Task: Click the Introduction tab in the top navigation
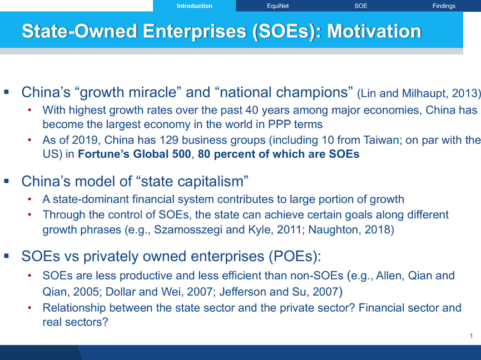195,6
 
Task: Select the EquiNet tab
277,6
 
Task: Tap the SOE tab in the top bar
361,6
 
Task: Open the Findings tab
444,6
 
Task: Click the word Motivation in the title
374,31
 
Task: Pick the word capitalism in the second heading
211,181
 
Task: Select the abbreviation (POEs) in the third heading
295,256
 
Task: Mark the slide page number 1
471,336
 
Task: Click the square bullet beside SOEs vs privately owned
7,256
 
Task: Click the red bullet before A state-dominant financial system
30,199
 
